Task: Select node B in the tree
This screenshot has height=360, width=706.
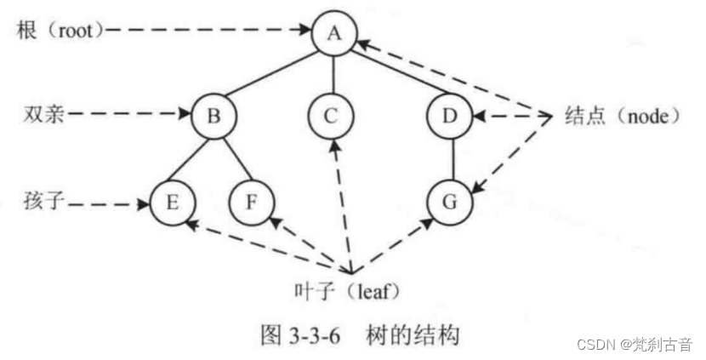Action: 214,115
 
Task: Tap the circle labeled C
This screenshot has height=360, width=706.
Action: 331,115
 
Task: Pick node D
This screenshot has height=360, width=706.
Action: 450,115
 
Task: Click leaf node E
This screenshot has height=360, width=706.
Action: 173,203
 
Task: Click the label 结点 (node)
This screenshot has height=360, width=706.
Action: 622,116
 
